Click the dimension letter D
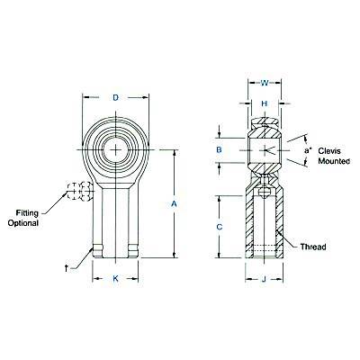pyautogui.click(x=116, y=97)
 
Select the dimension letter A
pyautogui.click(x=174, y=204)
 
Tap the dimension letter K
pyautogui.click(x=115, y=279)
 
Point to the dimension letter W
pyautogui.click(x=264, y=83)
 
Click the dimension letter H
pyautogui.click(x=264, y=103)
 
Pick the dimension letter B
pyautogui.click(x=220, y=149)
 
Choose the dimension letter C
pyautogui.click(x=220, y=227)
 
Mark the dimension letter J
pyautogui.click(x=264, y=279)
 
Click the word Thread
pyautogui.click(x=313, y=247)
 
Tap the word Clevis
pyautogui.click(x=329, y=150)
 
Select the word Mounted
pyautogui.click(x=334, y=161)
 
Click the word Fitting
pyautogui.click(x=27, y=213)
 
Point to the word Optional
pyautogui.click(x=23, y=223)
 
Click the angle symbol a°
pyautogui.click(x=308, y=150)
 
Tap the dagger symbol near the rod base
pyautogui.click(x=66, y=268)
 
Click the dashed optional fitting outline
pyautogui.click(x=80, y=191)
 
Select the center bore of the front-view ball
pyautogui.click(x=116, y=149)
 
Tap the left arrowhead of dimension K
pyautogui.click(x=96, y=279)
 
